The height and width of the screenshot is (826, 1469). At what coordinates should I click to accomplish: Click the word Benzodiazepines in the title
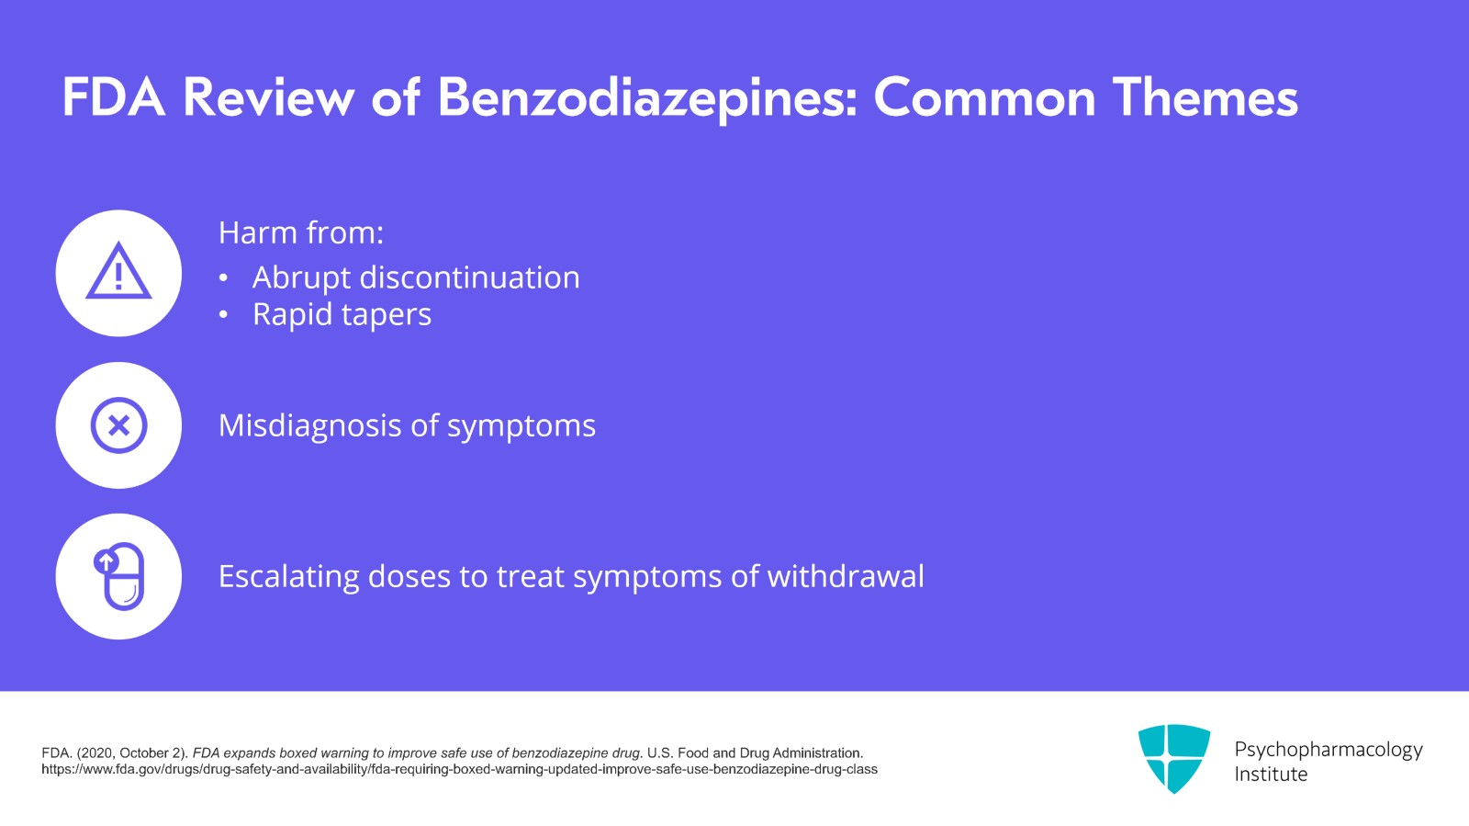click(x=647, y=98)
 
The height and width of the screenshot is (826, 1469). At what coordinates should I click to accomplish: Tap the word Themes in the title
click(x=1205, y=97)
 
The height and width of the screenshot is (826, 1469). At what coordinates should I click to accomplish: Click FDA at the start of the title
click(x=114, y=97)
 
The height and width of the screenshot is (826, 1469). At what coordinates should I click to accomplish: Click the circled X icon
click(x=118, y=425)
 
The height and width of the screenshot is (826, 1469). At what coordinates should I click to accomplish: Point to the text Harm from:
click(x=301, y=232)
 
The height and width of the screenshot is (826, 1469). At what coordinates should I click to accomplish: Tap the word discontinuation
click(x=469, y=277)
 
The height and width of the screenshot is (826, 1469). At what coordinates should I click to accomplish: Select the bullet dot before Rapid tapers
click(x=224, y=315)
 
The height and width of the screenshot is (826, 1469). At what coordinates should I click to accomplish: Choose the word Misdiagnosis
click(x=309, y=425)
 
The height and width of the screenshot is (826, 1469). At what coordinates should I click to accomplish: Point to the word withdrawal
click(x=846, y=576)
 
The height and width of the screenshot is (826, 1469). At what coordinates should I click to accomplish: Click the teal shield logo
click(x=1174, y=758)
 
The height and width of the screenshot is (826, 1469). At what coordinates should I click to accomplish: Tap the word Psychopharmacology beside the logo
click(x=1329, y=750)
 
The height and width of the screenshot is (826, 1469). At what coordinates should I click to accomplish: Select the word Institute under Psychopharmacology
click(x=1271, y=775)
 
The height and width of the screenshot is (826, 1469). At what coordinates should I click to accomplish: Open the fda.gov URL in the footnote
click(x=459, y=770)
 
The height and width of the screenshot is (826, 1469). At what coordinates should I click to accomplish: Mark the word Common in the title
click(x=984, y=97)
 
